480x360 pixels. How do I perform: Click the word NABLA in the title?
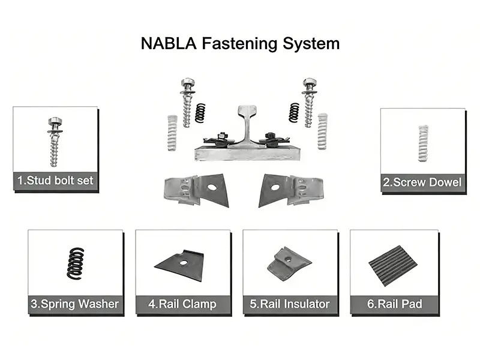point(163,44)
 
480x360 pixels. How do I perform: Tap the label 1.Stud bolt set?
point(55,180)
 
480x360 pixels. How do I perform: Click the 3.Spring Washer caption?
point(75,304)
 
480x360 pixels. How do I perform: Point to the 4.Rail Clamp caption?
point(182,304)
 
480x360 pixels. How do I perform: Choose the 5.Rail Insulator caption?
point(290,304)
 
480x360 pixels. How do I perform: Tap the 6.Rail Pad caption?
point(395,304)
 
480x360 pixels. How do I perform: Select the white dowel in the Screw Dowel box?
point(424,143)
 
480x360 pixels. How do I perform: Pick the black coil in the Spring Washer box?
point(76,263)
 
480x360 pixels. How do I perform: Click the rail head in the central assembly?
point(247,111)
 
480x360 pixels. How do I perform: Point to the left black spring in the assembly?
point(200,113)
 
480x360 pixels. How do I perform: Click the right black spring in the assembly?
point(294,113)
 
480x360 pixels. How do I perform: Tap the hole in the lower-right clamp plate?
point(275,187)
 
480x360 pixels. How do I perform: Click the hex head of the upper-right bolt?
point(309,81)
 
